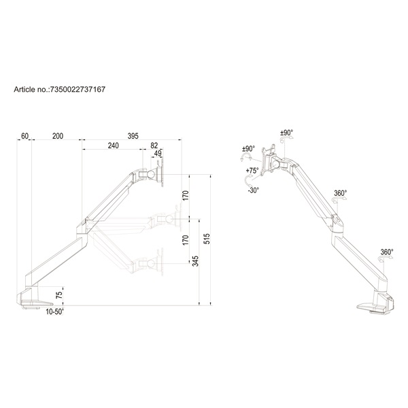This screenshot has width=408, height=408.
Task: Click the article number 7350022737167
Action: pyautogui.click(x=77, y=89)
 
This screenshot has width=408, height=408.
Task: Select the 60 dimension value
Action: pyautogui.click(x=25, y=137)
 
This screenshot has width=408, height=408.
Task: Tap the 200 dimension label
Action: pyautogui.click(x=58, y=137)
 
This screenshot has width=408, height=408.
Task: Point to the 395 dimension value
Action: pyautogui.click(x=133, y=137)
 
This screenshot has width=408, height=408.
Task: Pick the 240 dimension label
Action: pyautogui.click(x=112, y=146)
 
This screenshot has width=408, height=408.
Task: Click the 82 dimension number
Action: pyautogui.click(x=154, y=146)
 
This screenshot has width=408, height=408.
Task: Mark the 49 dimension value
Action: pyautogui.click(x=158, y=154)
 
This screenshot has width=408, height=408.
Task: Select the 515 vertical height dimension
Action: pyautogui.click(x=207, y=239)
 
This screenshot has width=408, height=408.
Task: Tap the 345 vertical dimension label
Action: pyautogui.click(x=195, y=262)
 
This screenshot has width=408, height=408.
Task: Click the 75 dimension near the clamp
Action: pyautogui.click(x=59, y=294)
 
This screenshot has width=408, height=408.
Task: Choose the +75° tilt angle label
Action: pyautogui.click(x=253, y=171)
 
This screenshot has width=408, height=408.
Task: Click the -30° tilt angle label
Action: pyautogui.click(x=253, y=190)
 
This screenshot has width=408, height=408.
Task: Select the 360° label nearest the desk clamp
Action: pyautogui.click(x=387, y=252)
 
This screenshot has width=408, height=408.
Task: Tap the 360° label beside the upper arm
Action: pyautogui.click(x=340, y=194)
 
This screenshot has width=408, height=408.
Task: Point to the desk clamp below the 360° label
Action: pyautogui.click(x=376, y=302)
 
